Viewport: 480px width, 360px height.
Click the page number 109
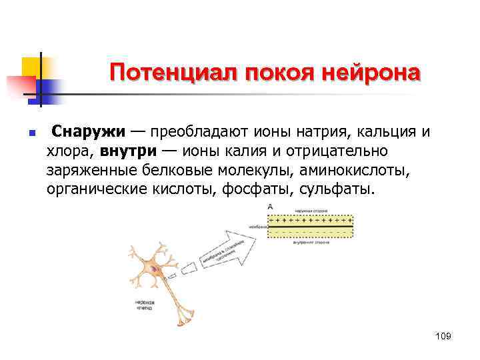pos(443,337)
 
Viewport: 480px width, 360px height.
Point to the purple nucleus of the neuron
pos(155,269)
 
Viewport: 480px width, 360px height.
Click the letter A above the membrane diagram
pos(270,207)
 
